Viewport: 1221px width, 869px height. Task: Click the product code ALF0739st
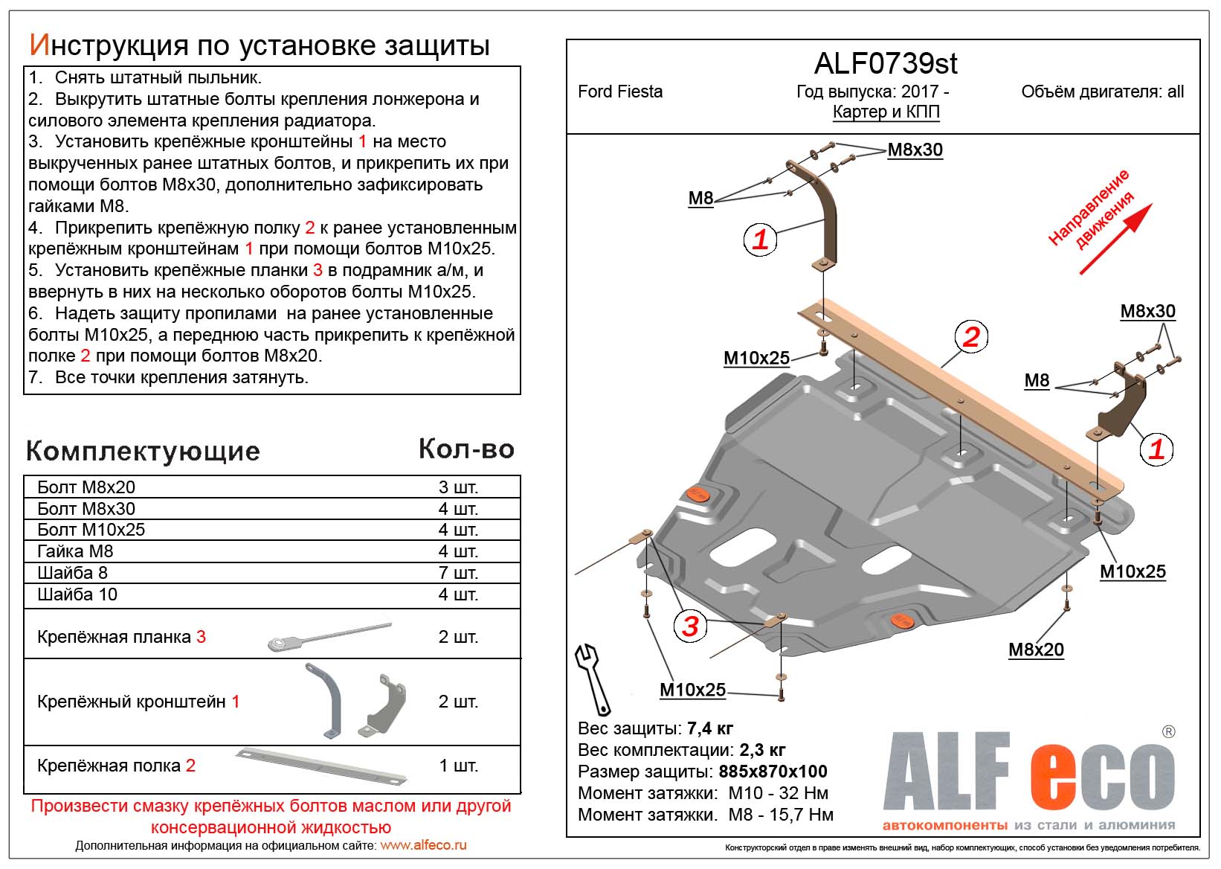point(886,64)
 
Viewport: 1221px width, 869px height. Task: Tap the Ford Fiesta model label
point(619,92)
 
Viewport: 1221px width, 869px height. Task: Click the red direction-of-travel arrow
point(1116,239)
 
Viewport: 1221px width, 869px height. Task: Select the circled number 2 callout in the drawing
point(971,337)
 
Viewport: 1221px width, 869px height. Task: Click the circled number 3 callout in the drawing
point(690,626)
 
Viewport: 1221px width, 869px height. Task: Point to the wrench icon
point(593,679)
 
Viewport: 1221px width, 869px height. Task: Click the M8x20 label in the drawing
point(1036,650)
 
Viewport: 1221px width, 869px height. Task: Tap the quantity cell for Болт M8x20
point(458,487)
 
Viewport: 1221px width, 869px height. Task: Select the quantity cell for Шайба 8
point(458,573)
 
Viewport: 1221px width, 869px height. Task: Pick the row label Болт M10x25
point(91,530)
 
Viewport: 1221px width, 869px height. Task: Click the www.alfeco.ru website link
point(423,845)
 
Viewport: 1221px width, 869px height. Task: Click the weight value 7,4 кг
point(710,728)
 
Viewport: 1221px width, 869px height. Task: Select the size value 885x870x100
point(773,772)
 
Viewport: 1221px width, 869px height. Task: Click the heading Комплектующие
point(143,451)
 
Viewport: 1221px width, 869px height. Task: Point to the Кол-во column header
point(466,449)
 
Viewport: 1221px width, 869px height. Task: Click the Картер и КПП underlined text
point(886,112)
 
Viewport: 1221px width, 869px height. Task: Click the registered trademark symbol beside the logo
point(1168,731)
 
